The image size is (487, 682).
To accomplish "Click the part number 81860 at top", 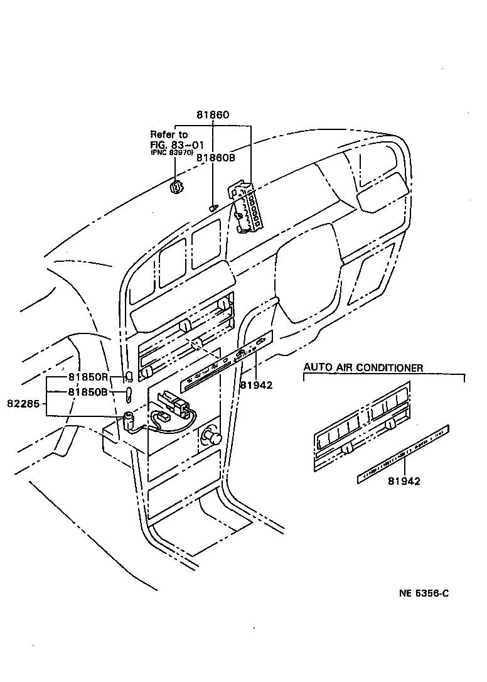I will pos(213,116).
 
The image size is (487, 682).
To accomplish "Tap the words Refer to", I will pos(169,134).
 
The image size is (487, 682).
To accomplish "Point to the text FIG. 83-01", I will pos(169,144).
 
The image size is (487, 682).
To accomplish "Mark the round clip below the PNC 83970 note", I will pos(177,187).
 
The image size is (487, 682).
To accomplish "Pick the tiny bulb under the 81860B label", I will pos(213,207).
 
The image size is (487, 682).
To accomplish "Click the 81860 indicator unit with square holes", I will pos(249,208).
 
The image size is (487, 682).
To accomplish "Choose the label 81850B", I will pos(88,392).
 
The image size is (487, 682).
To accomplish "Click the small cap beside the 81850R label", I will pos(128,377).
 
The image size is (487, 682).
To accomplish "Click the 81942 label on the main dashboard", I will pos(255,384).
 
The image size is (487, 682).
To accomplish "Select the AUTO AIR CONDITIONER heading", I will pos(363,368).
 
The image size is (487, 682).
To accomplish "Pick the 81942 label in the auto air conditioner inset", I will pos(404,481).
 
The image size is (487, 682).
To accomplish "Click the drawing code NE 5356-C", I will pos(424,593).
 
